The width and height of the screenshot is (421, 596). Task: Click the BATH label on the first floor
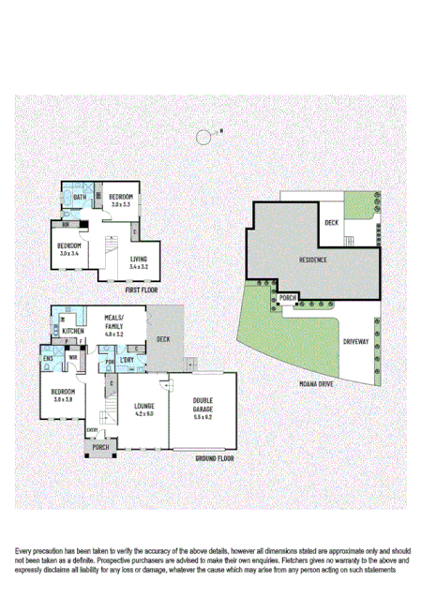[x=80, y=198]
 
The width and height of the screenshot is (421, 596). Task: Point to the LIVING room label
[x=139, y=261]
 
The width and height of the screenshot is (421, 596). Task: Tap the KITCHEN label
[x=74, y=332]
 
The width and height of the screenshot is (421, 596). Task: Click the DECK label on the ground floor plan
[x=163, y=339]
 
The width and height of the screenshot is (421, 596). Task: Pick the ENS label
[x=48, y=357]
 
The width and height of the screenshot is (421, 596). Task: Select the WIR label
[x=71, y=357]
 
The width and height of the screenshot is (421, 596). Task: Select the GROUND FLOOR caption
[x=215, y=458]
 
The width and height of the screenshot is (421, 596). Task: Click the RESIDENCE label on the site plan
[x=313, y=259]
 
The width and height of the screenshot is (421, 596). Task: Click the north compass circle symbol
[x=203, y=138]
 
